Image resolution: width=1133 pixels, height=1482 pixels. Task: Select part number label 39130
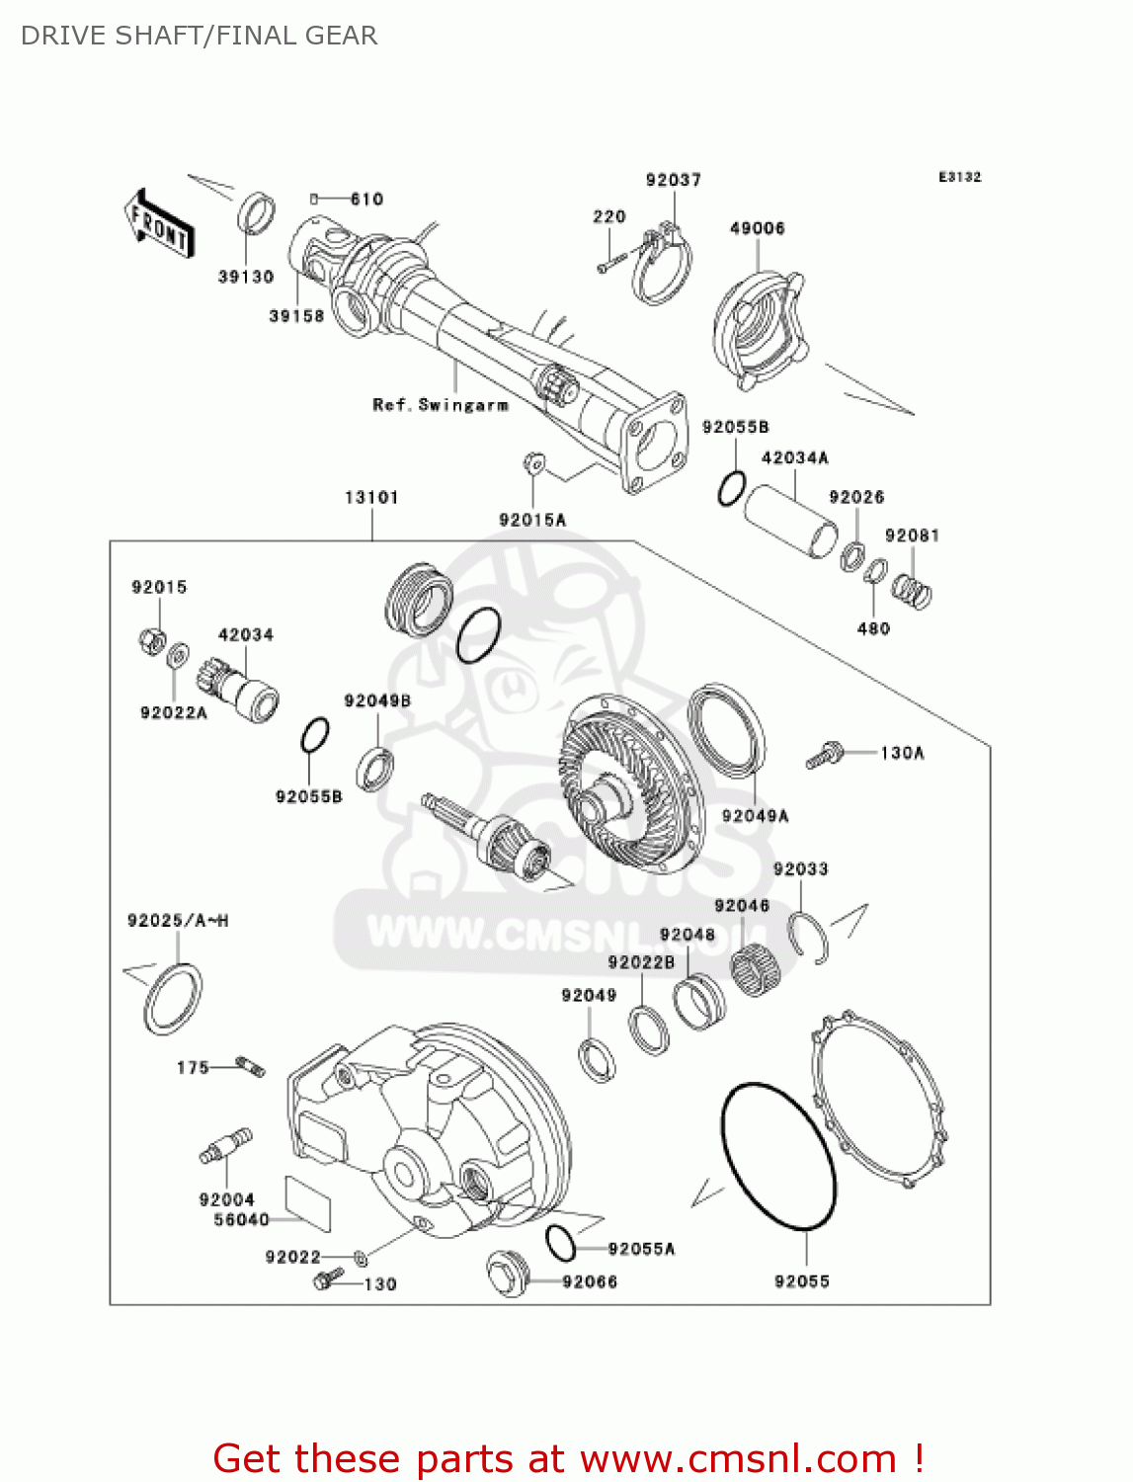245,277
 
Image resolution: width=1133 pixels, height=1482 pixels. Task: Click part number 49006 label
757,228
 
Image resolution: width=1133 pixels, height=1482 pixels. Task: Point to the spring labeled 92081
912,591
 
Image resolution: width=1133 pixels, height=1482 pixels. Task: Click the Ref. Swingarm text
441,405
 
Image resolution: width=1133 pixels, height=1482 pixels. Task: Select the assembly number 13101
371,497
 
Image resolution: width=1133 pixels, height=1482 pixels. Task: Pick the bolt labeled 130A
823,757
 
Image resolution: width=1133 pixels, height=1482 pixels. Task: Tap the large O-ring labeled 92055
778,1156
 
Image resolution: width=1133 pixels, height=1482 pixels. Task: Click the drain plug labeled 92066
506,1274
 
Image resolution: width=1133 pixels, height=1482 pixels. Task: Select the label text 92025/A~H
178,921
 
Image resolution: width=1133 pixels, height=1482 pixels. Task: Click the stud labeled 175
251,1067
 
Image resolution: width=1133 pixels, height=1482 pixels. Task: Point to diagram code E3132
959,177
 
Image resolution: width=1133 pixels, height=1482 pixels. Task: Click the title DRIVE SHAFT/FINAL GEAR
200,36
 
